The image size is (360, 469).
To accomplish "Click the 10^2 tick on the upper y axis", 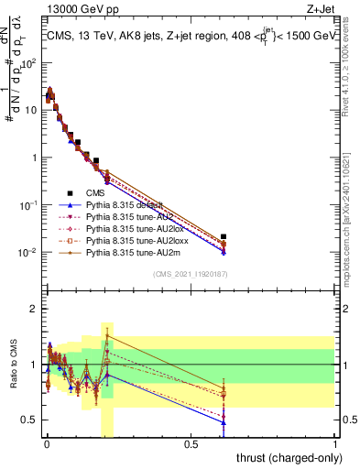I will point(29,62).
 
